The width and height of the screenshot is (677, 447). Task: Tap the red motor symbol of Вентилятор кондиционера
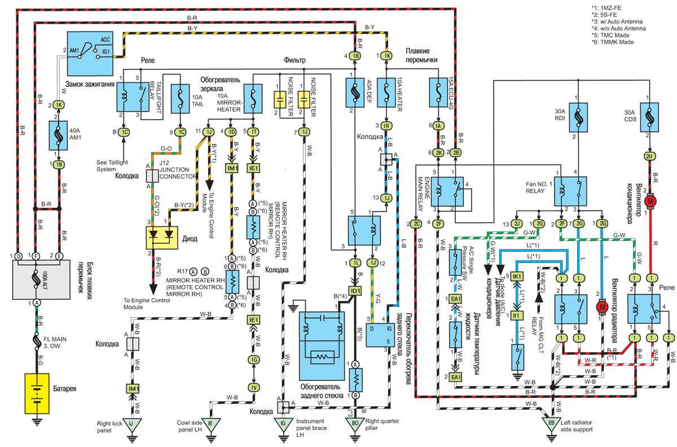[650, 201]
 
